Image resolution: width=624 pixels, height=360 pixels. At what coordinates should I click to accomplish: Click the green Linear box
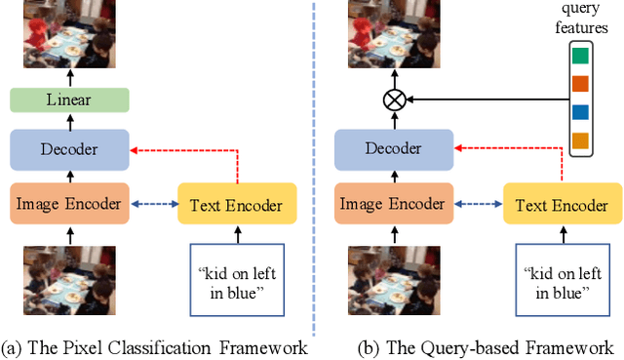tap(70, 100)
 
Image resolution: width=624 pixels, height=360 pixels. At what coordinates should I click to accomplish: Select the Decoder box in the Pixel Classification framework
tap(70, 150)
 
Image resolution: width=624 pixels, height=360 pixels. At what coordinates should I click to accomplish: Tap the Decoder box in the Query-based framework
tap(395, 150)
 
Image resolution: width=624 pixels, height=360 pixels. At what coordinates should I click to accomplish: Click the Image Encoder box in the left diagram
tap(70, 205)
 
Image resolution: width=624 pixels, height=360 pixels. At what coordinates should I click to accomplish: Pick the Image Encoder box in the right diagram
tap(395, 205)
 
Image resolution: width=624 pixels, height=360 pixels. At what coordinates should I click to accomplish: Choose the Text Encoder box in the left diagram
tap(237, 205)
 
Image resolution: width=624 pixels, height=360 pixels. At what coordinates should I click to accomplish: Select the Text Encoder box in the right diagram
tap(562, 205)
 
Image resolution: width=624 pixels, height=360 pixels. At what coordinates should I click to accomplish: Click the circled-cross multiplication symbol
tap(395, 100)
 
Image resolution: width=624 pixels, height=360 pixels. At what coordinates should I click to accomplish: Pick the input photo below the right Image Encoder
tap(395, 284)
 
